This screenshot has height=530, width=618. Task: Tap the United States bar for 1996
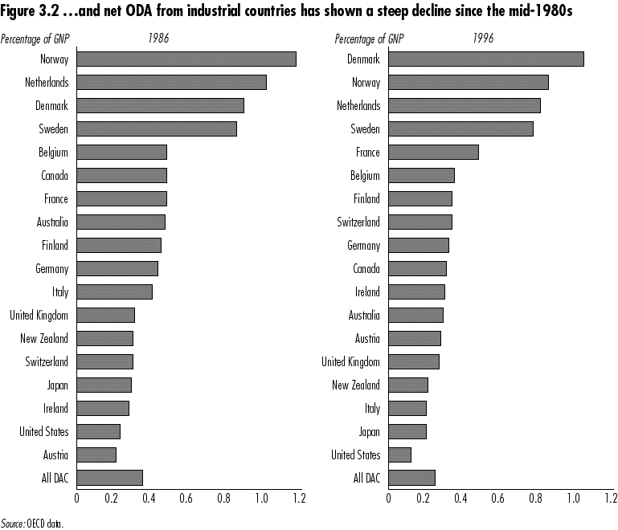click(399, 455)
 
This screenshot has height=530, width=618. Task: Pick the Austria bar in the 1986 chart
click(96, 455)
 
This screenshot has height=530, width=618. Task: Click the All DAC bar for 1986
click(109, 478)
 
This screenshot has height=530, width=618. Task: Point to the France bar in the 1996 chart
click(433, 152)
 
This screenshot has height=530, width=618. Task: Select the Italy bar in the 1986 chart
click(114, 291)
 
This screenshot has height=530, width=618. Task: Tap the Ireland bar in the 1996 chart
click(416, 291)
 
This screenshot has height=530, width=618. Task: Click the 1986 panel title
click(159, 38)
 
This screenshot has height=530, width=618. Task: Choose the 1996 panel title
click(483, 38)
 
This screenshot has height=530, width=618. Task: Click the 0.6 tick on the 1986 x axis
click(187, 498)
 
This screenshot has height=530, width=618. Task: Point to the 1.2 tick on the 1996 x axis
click(609, 498)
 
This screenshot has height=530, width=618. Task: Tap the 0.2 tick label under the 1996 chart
click(424, 498)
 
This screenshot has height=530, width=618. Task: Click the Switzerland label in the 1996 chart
click(358, 222)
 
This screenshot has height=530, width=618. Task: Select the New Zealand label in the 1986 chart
click(44, 338)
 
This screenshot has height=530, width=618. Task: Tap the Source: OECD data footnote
click(31, 523)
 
